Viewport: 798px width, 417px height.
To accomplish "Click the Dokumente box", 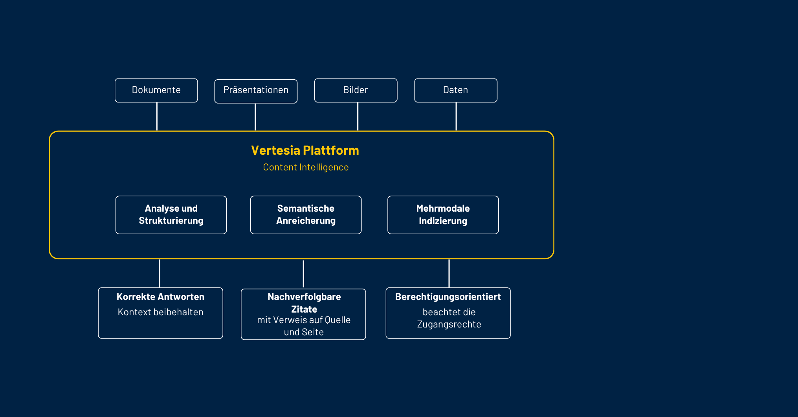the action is (x=156, y=90).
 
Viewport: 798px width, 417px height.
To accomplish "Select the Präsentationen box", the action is (x=256, y=91).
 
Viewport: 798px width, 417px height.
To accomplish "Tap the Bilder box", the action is (x=356, y=90).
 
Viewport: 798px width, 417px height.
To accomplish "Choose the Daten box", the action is (x=456, y=90).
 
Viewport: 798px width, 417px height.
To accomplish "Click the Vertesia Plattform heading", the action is (x=305, y=150).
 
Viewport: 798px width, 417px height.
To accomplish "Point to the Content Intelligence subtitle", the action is (x=306, y=167).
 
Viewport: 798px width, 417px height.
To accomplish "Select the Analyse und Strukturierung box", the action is (x=171, y=215).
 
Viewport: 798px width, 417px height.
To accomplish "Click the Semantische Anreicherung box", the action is (x=306, y=215).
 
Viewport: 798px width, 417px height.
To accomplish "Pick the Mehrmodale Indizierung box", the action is (x=443, y=215).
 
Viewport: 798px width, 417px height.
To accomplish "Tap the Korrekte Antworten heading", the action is (x=160, y=297).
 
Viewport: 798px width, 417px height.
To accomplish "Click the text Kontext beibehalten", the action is (x=160, y=312).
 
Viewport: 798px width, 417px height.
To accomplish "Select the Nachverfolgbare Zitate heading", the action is (x=304, y=303).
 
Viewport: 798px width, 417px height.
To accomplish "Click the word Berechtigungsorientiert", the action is (x=448, y=297).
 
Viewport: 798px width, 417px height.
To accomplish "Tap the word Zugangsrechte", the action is (x=449, y=324).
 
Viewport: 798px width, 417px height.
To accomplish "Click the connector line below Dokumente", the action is (x=157, y=117).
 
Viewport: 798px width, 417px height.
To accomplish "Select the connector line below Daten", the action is (x=456, y=117).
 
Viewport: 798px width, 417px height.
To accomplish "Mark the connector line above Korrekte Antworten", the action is (x=160, y=273).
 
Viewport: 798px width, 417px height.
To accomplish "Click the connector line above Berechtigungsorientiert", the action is (x=449, y=273).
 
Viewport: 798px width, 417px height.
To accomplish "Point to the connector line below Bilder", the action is (x=358, y=117).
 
